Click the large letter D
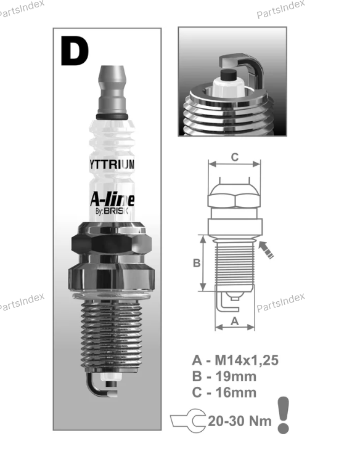pos(74,51)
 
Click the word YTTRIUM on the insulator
pos(112,164)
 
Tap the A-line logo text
pos(112,200)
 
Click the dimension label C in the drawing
pos(234,157)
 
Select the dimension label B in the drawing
pos(197,263)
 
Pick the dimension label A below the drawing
pos(235,321)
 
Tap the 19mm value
pos(236,376)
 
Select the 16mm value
pos(236,392)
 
